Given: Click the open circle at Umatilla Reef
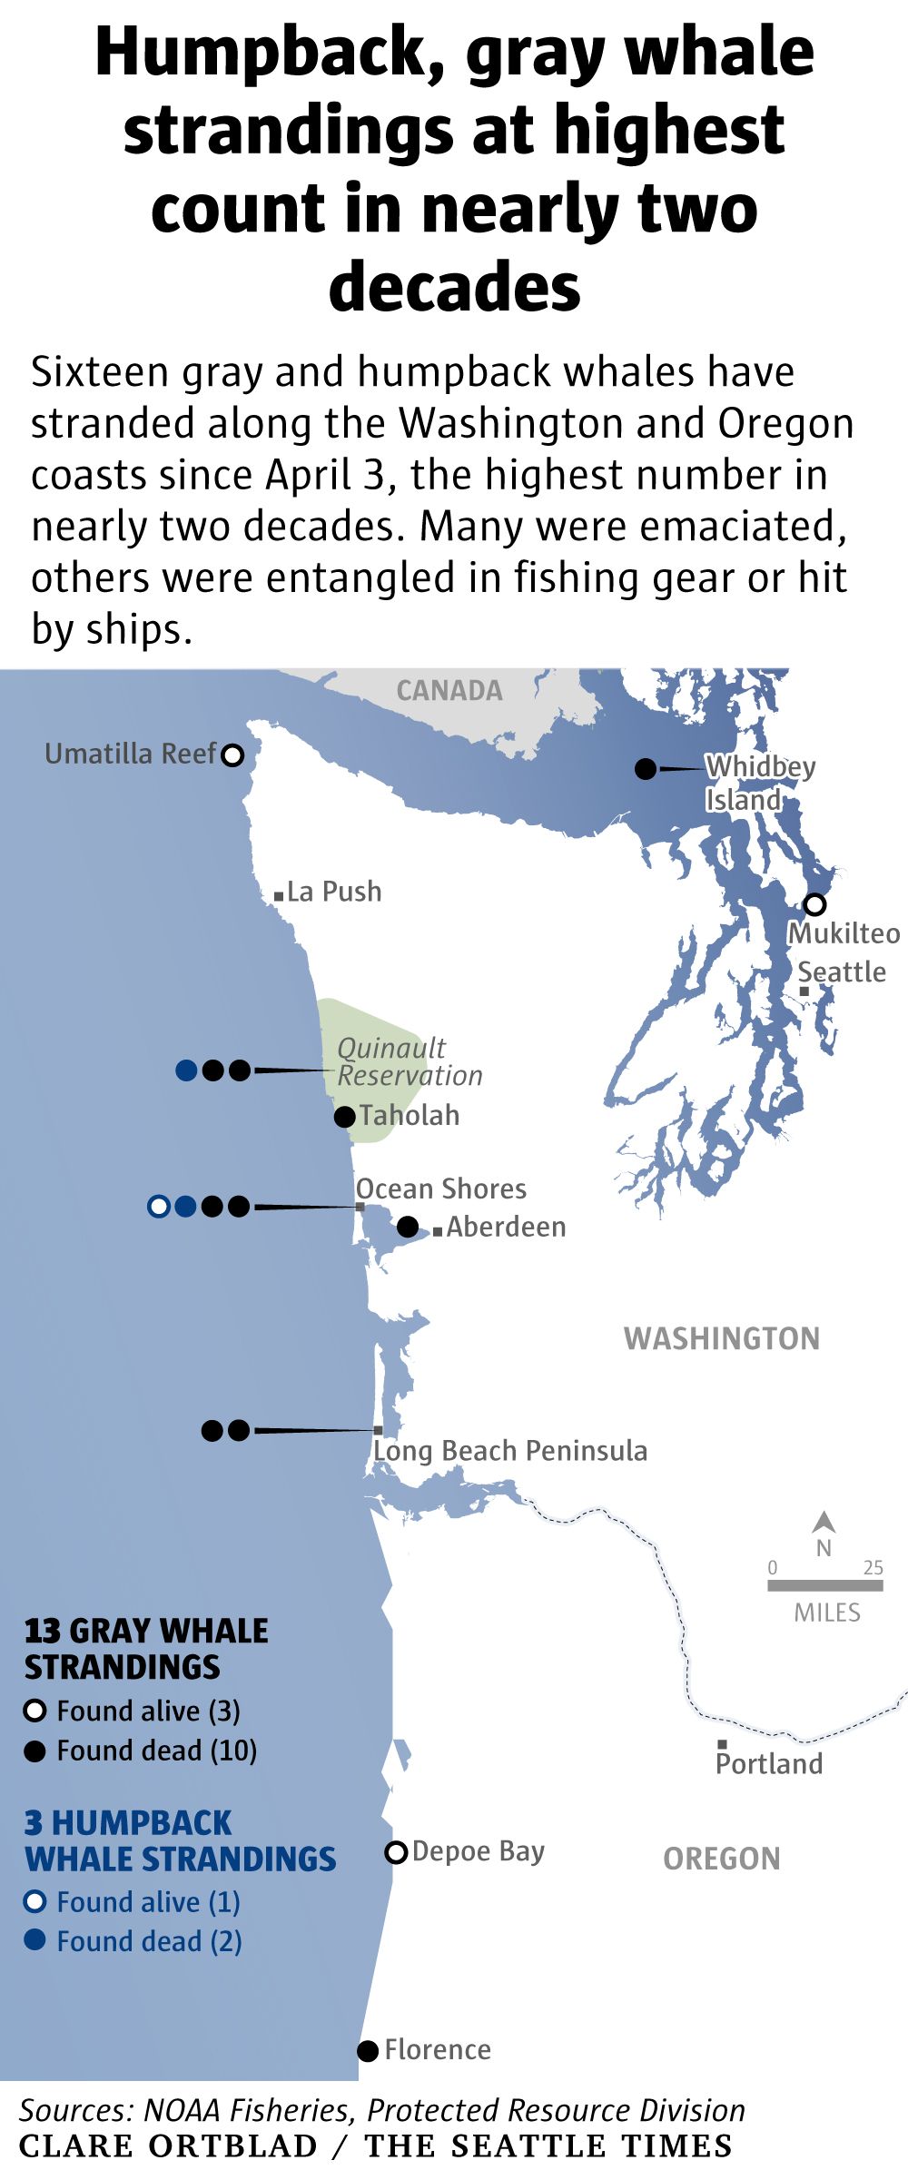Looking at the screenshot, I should (x=233, y=755).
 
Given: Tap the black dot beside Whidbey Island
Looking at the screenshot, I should (x=646, y=769).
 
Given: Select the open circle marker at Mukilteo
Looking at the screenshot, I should (x=814, y=904).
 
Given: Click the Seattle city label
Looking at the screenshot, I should (x=842, y=972).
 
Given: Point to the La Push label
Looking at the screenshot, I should (x=334, y=892).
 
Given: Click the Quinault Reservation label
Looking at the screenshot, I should (x=410, y=1061).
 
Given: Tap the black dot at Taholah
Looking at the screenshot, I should (x=344, y=1117).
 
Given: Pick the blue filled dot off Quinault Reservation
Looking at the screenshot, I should (x=186, y=1070).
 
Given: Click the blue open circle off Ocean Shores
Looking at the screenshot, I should (x=159, y=1207).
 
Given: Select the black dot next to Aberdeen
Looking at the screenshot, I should (x=408, y=1228).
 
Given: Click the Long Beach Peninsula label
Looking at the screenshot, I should (x=510, y=1451).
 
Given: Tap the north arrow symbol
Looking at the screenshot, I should (x=824, y=1523).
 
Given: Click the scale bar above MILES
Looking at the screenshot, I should (x=824, y=1585).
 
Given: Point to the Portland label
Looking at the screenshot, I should (x=769, y=1764).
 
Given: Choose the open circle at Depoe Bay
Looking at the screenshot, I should (x=396, y=1852).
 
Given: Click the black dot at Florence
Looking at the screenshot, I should (x=368, y=2050).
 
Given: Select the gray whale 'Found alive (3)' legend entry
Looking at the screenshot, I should (x=132, y=1711).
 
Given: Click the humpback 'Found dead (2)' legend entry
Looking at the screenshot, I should (x=133, y=1941).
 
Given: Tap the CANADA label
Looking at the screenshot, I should (x=449, y=691).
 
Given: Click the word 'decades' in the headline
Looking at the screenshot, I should (x=454, y=286).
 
